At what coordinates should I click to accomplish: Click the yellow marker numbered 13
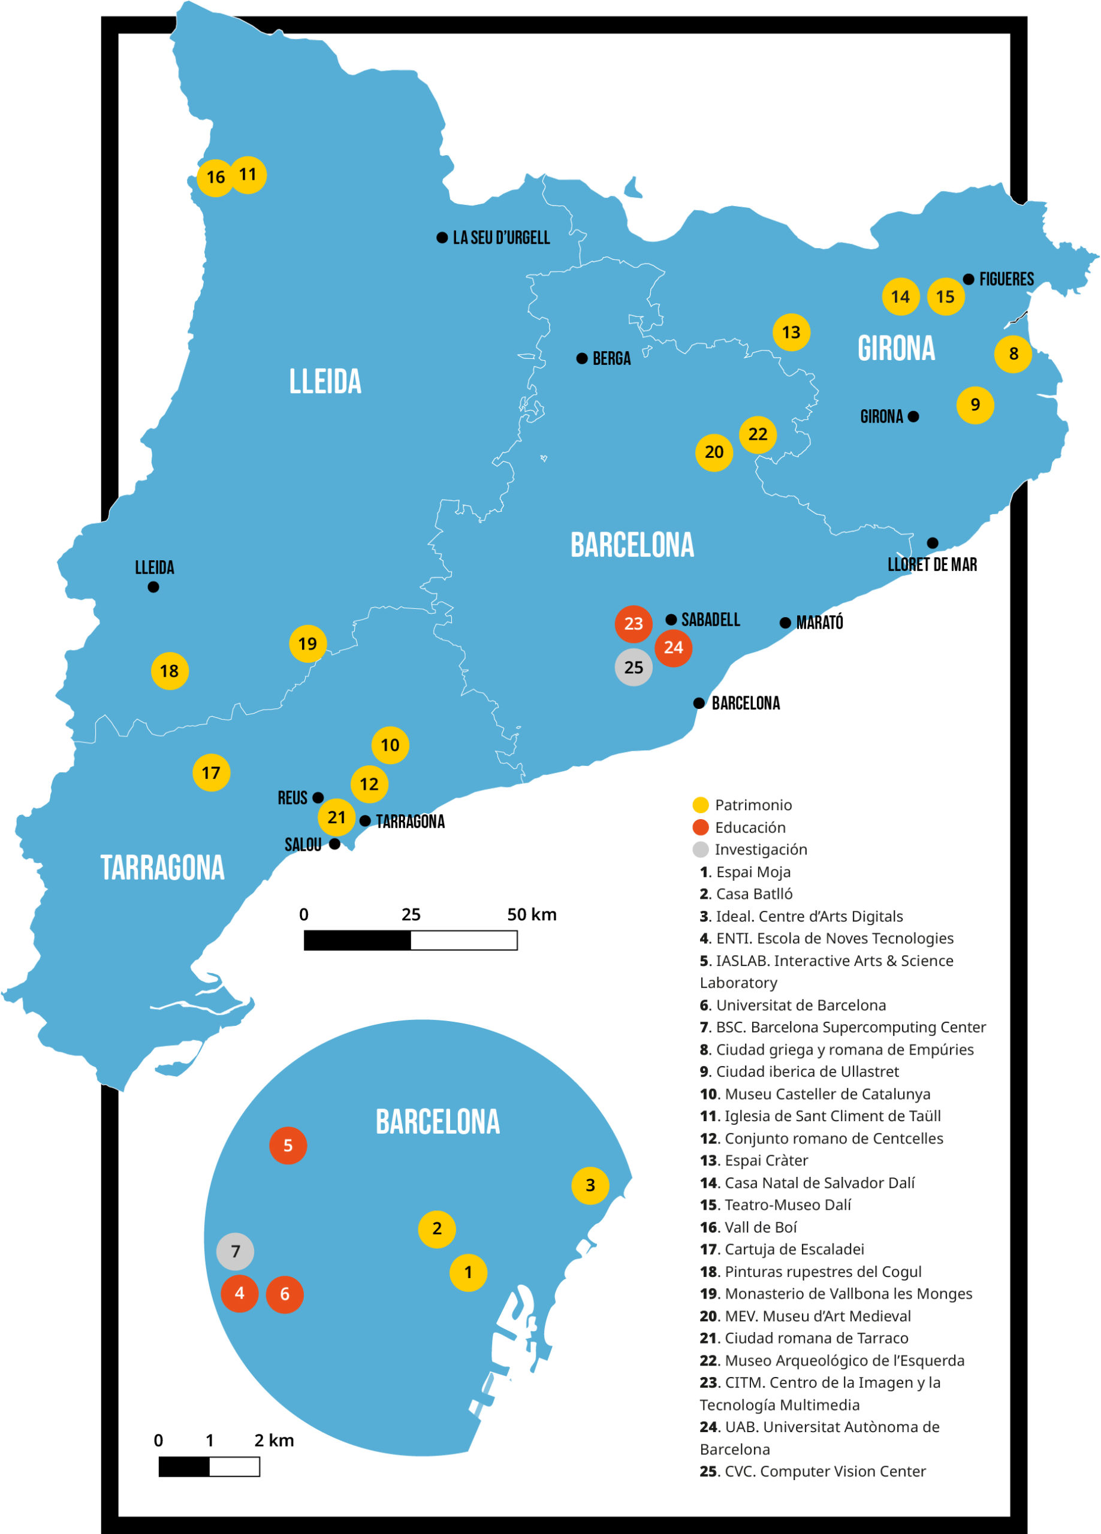791,332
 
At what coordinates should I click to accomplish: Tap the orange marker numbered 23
633,624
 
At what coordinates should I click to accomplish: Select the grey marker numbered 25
633,667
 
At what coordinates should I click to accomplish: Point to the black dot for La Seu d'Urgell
442,237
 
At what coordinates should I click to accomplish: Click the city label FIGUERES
1006,279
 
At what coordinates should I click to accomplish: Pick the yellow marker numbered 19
307,643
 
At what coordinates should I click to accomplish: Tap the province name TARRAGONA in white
162,868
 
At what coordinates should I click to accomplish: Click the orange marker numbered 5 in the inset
288,1145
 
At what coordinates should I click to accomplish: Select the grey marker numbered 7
235,1251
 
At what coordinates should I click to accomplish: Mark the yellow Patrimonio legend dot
701,805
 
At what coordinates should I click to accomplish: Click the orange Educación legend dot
701,827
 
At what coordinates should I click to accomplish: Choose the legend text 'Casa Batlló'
753,894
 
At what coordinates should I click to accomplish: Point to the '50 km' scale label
531,914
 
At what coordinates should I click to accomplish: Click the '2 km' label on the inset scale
274,1440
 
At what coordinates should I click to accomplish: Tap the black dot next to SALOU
334,844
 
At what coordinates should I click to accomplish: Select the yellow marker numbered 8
1012,353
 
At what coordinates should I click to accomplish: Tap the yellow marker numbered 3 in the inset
589,1185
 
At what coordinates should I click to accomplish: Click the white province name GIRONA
896,348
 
